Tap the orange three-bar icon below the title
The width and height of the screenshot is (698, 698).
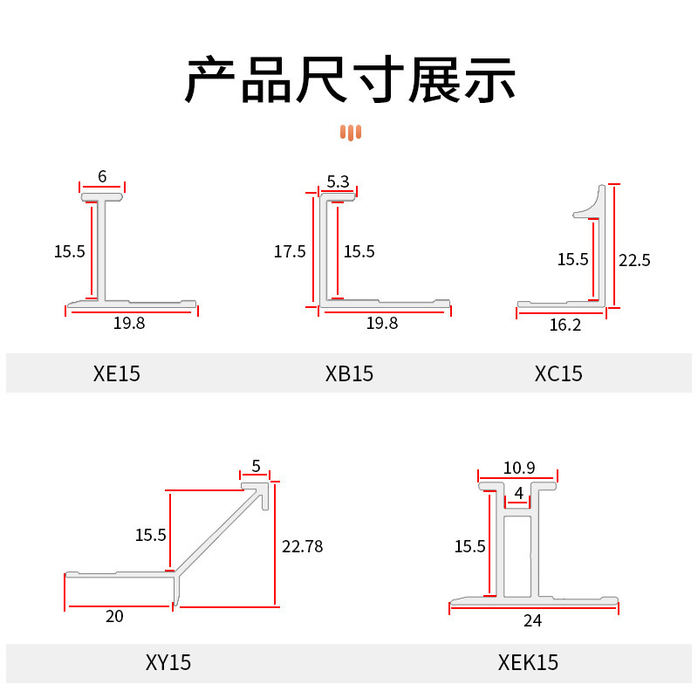click(351, 133)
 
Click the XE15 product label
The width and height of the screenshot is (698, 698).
click(116, 374)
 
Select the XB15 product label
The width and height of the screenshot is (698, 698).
click(349, 374)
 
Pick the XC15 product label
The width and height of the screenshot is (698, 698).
click(558, 374)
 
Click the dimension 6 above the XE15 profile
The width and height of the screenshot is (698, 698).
click(102, 176)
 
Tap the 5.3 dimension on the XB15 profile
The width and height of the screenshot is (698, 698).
click(338, 181)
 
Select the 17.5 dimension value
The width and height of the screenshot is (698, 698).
click(290, 252)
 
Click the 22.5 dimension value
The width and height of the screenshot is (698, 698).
click(634, 260)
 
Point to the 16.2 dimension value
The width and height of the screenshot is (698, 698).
click(565, 325)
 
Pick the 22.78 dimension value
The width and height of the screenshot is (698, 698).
click(303, 547)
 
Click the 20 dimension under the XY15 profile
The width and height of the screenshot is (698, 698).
click(114, 617)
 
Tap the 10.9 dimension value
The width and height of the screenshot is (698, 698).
click(518, 469)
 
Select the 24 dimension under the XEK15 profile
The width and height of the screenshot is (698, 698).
click(532, 621)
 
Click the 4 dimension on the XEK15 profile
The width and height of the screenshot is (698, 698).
click(519, 493)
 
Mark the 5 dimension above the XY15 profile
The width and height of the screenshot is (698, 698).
click(256, 465)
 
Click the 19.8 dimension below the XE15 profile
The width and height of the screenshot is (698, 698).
click(129, 323)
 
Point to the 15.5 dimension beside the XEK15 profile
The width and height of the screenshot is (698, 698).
click(469, 547)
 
